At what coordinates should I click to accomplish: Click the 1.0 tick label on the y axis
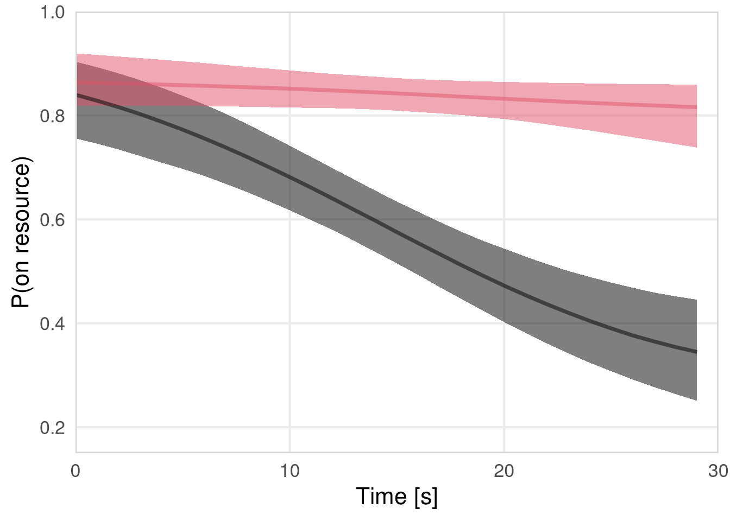tap(53, 12)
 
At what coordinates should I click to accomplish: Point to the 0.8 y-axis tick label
tap(53, 116)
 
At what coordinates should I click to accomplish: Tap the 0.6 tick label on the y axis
tap(53, 220)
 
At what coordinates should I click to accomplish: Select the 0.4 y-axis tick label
tap(53, 324)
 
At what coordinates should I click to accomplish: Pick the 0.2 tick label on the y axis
tap(53, 428)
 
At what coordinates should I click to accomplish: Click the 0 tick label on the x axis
tap(76, 471)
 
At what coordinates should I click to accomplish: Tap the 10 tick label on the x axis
tap(290, 471)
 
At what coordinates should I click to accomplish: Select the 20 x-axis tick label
tap(504, 471)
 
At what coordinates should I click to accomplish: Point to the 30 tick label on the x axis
tap(718, 471)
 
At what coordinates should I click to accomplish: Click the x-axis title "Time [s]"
tap(397, 497)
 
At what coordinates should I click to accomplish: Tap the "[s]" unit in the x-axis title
tap(425, 497)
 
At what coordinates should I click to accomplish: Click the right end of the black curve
tap(696, 352)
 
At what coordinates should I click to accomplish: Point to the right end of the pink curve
tap(696, 107)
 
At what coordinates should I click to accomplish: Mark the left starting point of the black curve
tap(77, 95)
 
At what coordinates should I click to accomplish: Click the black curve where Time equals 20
tap(504, 284)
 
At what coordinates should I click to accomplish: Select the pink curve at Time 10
tap(290, 88)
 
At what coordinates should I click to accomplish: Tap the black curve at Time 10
tap(290, 177)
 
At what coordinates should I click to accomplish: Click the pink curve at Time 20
tap(504, 98)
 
